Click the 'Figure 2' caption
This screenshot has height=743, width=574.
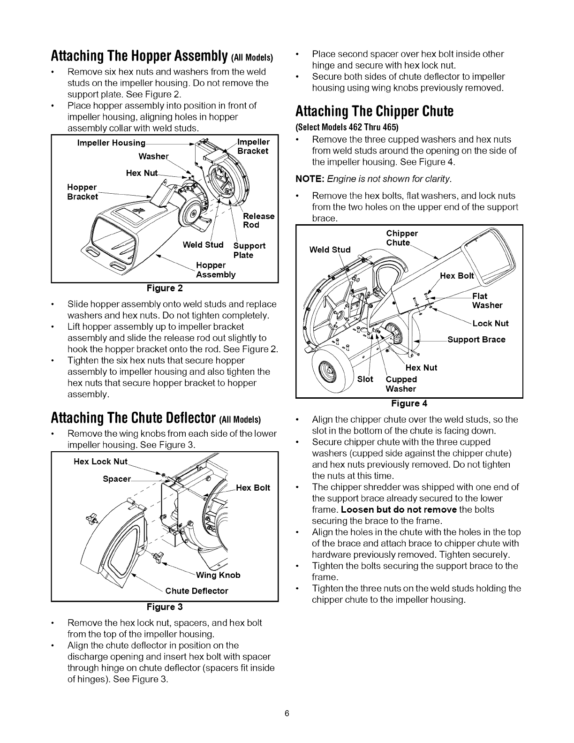164,288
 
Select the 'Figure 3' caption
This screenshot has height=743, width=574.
164,607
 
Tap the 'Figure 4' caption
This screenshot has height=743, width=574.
409,403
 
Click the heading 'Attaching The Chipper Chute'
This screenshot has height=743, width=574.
374,112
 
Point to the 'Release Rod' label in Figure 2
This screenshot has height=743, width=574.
258,220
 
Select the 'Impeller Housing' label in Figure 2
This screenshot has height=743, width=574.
111,143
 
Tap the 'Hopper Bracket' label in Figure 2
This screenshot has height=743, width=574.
83,192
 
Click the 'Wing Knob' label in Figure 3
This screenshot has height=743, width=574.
218,575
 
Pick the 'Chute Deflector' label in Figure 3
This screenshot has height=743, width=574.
197,591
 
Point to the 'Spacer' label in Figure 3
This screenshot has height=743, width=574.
116,479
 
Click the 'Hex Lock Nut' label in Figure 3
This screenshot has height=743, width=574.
100,462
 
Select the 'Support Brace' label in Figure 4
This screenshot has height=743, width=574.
476,340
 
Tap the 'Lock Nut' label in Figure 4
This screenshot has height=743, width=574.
490,323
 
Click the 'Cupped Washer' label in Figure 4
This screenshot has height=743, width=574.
401,384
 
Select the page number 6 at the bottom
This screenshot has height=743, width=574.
287,713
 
